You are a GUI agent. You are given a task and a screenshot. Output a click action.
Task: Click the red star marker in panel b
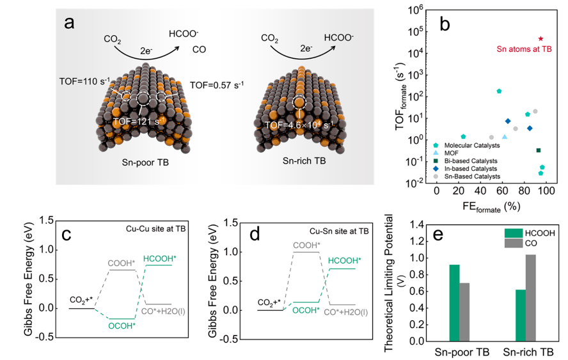[540, 39]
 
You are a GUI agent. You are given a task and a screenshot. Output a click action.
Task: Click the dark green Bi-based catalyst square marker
[539, 150]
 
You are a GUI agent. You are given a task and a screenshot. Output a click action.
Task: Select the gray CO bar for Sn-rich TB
[530, 298]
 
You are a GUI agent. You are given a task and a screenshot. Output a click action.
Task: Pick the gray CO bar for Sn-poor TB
[464, 312]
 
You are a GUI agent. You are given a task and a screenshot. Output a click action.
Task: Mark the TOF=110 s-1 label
[84, 81]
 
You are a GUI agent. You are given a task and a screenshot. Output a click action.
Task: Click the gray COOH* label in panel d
[308, 245]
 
